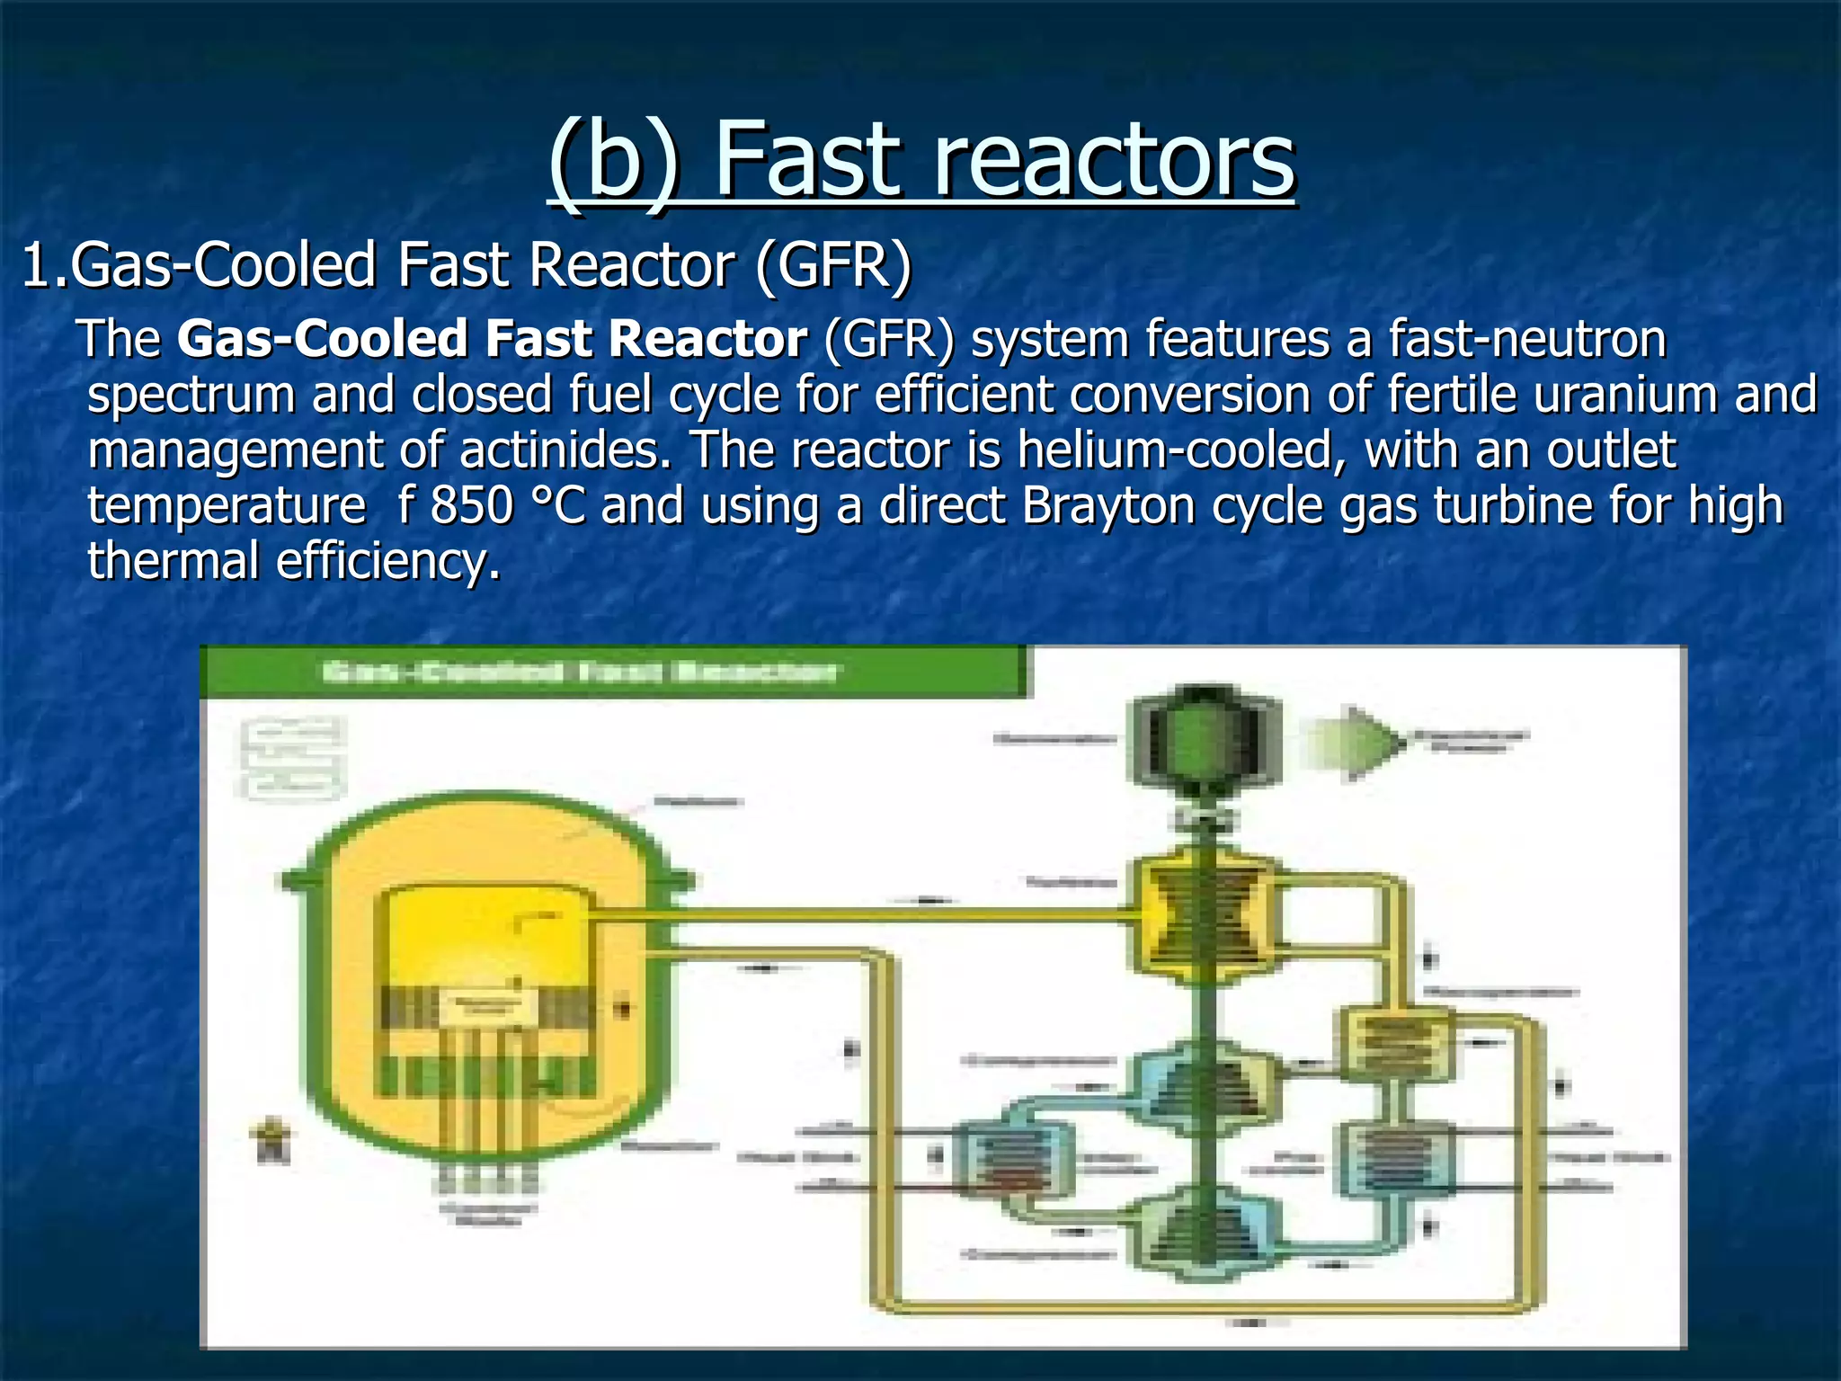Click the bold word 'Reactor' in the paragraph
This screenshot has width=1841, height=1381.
[x=707, y=339]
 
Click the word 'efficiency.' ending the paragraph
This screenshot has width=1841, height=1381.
[x=387, y=561]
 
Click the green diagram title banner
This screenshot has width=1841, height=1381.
[x=611, y=672]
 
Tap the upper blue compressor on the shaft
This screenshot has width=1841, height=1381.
[x=1203, y=1079]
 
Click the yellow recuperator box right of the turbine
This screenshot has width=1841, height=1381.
[x=1394, y=1043]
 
